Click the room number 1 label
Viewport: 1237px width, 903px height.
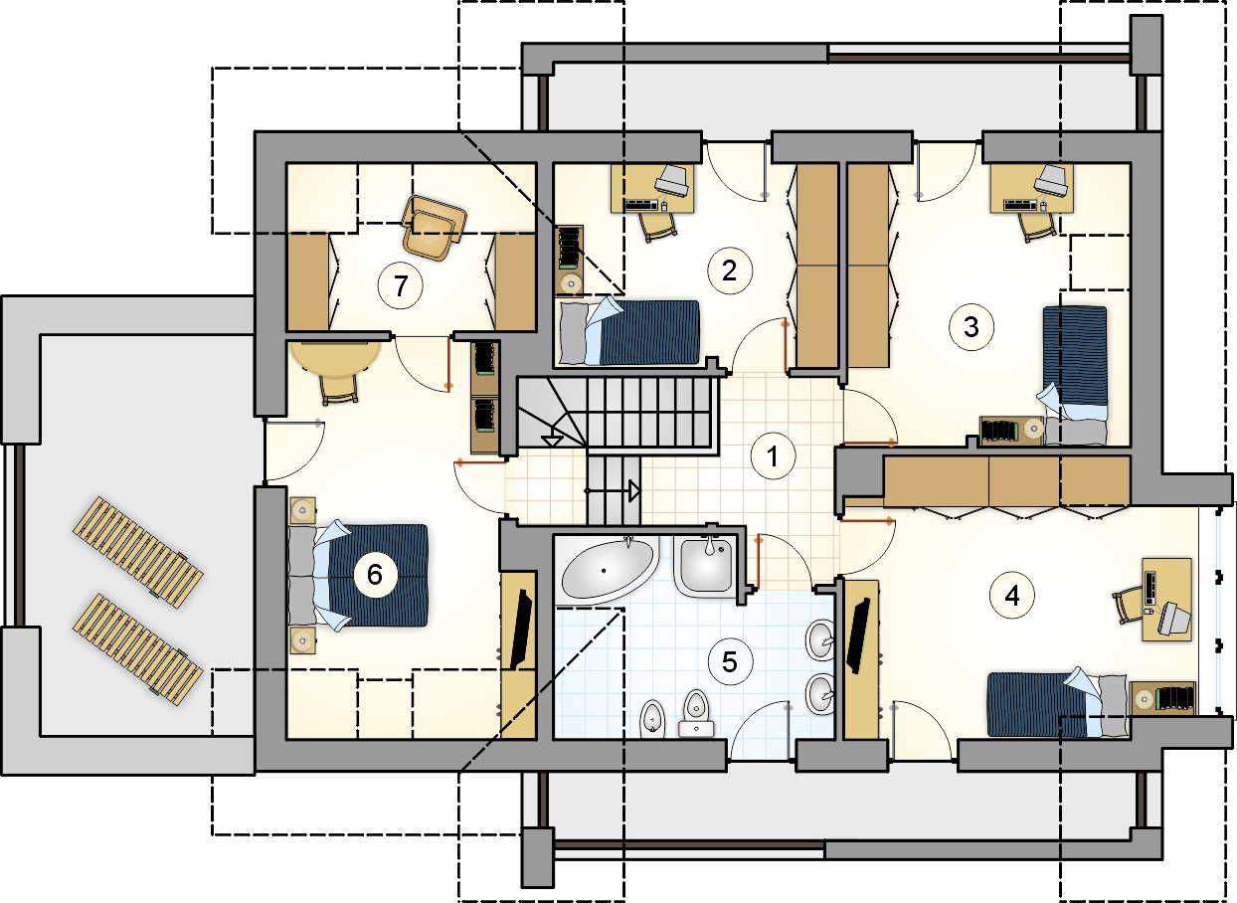click(773, 455)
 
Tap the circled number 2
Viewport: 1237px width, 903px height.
click(730, 271)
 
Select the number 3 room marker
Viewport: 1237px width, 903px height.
click(972, 327)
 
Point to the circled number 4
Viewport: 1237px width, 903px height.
click(1011, 596)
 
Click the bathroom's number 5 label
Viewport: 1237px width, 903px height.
click(730, 661)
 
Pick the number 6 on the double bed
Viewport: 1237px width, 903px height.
click(375, 575)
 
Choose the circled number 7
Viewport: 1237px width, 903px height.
click(401, 285)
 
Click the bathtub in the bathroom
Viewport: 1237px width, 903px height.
click(608, 569)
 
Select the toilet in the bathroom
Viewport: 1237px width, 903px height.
click(696, 713)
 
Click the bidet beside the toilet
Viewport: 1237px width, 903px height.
click(652, 719)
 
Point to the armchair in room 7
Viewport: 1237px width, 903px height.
click(435, 227)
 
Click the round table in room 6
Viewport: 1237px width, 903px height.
click(336, 359)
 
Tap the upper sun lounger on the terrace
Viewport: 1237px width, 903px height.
click(138, 552)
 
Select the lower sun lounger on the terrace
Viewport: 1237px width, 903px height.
click(138, 649)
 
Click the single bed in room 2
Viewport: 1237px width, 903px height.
click(629, 332)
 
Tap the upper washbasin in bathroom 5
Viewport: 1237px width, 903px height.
click(820, 640)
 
